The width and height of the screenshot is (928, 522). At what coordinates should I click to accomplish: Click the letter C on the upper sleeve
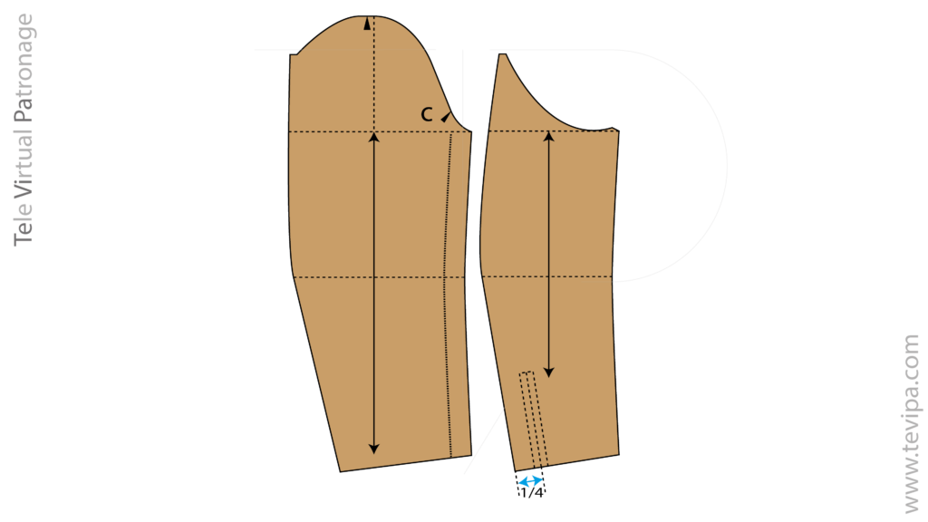427,114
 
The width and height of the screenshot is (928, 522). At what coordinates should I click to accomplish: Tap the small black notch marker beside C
446,117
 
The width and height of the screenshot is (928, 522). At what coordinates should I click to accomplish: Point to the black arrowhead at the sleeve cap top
368,24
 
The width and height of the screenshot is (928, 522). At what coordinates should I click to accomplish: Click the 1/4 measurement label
531,493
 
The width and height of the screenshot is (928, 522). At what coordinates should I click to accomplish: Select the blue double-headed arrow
530,481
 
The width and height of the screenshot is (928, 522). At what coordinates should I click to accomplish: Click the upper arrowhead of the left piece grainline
373,138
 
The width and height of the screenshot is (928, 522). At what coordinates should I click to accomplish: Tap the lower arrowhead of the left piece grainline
373,448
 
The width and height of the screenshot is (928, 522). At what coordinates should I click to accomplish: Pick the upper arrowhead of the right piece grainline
548,137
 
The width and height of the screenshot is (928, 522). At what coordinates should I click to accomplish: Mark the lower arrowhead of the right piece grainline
548,372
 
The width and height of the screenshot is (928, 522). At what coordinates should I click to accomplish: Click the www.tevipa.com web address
912,424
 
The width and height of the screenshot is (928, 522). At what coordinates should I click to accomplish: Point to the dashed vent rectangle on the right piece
534,420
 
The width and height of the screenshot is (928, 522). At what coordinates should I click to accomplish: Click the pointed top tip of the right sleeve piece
502,54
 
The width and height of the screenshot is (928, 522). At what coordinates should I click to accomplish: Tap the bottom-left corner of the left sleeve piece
341,471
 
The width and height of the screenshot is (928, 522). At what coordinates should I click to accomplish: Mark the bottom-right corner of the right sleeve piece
619,455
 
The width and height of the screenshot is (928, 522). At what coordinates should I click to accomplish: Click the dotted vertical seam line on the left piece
448,295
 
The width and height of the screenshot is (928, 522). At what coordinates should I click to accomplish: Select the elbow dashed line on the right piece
546,276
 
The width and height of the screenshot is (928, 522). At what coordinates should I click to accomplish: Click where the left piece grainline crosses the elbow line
373,277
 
